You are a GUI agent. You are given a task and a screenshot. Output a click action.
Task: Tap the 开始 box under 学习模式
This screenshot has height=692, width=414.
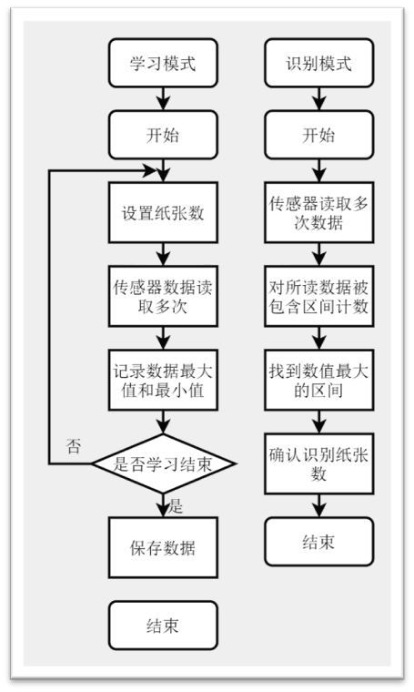[163, 135]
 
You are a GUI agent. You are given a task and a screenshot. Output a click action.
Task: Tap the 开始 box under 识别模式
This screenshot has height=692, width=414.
[318, 135]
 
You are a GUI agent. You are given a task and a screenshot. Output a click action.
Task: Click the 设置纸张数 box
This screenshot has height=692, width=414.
[163, 214]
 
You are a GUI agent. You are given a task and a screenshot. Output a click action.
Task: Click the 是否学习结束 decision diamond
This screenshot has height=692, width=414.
[163, 464]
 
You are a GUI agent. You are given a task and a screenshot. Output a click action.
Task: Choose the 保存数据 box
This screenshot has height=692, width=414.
[163, 548]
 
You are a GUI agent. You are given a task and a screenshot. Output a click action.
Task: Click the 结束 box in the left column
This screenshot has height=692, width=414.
[163, 626]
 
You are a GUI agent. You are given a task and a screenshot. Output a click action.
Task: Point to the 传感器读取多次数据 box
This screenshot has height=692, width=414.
[318, 212]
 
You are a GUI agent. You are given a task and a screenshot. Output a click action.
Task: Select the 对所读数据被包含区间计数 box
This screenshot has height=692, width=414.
[318, 296]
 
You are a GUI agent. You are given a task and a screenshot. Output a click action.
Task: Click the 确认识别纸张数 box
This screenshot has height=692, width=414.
[318, 463]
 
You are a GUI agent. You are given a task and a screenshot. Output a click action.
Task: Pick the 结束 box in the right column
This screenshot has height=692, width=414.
[318, 542]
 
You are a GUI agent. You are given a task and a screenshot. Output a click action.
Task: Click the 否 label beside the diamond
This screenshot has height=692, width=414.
[75, 445]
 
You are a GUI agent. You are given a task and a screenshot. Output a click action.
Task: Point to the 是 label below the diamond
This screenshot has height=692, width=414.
[177, 505]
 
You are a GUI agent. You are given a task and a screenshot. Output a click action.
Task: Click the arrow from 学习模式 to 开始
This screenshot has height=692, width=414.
[163, 97]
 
